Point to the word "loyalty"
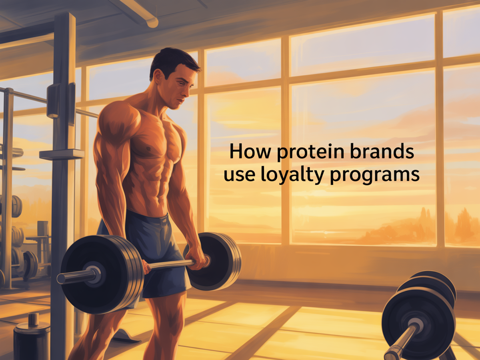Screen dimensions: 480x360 [x=293, y=175]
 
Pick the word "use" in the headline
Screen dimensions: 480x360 [x=240, y=176]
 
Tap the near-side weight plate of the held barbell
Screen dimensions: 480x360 [x=101, y=274]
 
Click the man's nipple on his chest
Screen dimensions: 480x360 [x=149, y=149]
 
